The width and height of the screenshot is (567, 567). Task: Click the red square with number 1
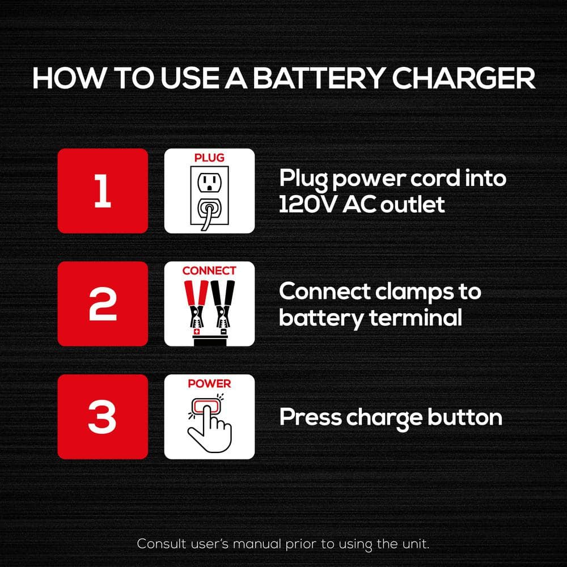(103, 191)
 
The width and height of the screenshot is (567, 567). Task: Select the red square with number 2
(103, 304)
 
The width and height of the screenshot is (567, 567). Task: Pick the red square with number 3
(103, 417)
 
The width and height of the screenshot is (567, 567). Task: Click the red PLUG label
(209, 158)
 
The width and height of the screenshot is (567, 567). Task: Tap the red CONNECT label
(209, 270)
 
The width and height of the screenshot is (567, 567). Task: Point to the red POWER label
(209, 384)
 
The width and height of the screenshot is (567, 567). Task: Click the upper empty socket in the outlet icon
(209, 183)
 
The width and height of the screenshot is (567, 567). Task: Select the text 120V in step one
(307, 205)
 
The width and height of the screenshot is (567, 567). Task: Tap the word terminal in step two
(416, 318)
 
